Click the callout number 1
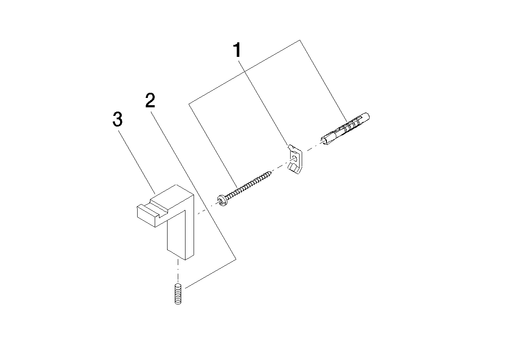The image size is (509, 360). [238, 50]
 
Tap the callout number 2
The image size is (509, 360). [150, 100]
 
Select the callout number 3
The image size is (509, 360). [117, 119]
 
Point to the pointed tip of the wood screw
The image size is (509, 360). [271, 172]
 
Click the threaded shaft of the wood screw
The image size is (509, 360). [248, 186]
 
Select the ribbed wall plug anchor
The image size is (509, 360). [345, 129]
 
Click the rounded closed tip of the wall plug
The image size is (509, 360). [367, 117]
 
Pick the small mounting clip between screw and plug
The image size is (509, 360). [295, 160]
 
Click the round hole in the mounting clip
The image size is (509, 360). [294, 159]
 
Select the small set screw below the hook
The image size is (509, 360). [177, 293]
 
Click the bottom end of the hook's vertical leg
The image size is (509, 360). [180, 255]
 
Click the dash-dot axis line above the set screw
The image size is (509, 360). [178, 271]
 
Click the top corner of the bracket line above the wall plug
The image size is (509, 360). [299, 40]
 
